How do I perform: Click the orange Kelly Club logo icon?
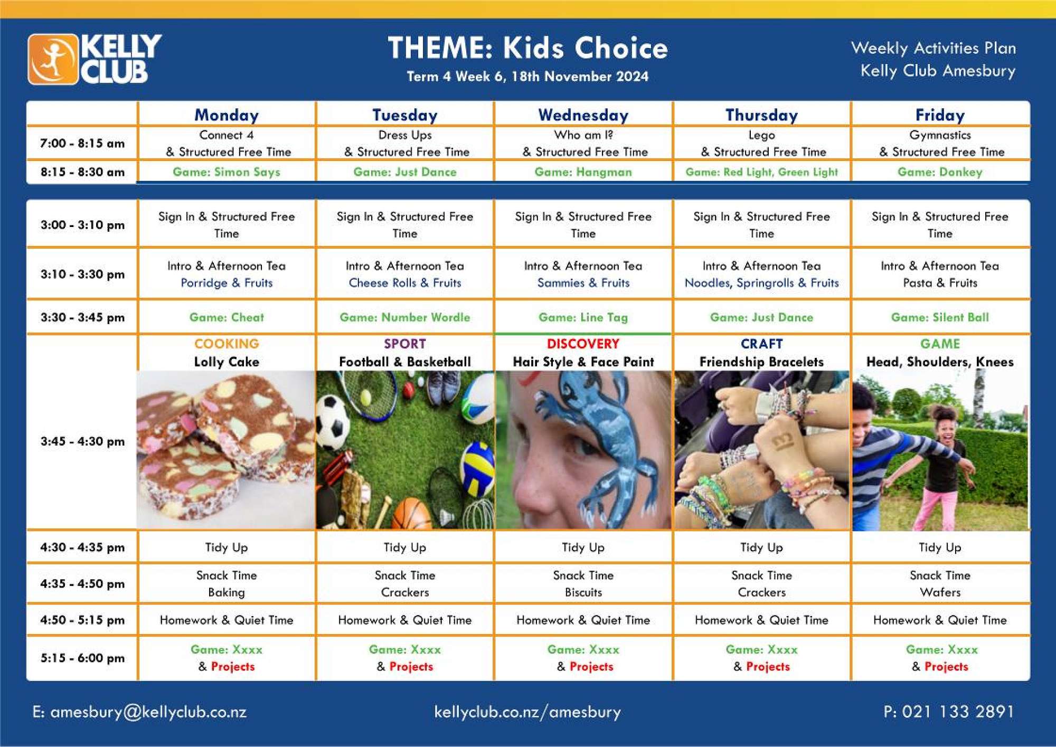click(53, 59)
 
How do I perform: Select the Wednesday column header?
click(583, 115)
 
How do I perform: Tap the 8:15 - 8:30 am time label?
click(82, 172)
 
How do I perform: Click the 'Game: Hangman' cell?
click(583, 172)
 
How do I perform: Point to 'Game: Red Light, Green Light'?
click(761, 172)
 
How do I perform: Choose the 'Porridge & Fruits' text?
click(227, 283)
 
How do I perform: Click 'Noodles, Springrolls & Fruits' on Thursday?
click(761, 283)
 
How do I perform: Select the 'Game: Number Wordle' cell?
click(404, 317)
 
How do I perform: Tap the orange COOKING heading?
click(227, 344)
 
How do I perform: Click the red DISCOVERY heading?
click(583, 344)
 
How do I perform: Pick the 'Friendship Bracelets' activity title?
click(761, 362)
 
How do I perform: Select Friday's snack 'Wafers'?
click(940, 592)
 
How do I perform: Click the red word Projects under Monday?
click(233, 667)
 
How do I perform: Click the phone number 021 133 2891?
click(958, 712)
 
